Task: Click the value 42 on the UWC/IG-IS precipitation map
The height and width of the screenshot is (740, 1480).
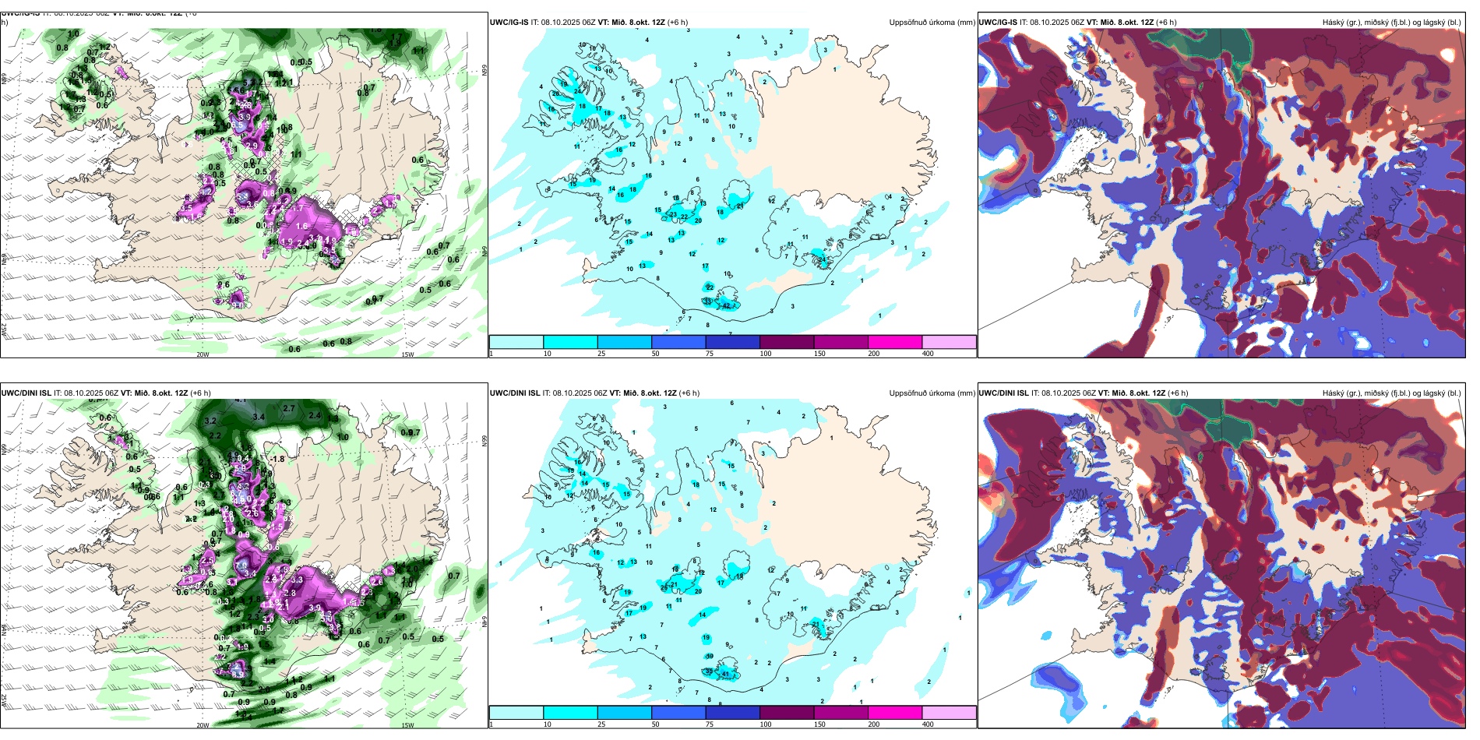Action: pos(726,305)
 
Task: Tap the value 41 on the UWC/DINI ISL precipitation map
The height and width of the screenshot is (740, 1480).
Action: pos(725,674)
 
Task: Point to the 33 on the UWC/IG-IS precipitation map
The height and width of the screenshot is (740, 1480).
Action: pos(707,301)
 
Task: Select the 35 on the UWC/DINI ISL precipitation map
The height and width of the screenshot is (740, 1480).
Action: pos(708,671)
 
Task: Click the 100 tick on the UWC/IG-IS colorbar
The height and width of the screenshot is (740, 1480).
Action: pos(766,354)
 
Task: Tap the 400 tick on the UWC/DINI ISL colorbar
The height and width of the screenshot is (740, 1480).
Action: pos(928,724)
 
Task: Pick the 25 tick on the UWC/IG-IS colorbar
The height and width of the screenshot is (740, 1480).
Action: pos(601,354)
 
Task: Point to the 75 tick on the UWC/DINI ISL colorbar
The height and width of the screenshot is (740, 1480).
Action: pos(710,724)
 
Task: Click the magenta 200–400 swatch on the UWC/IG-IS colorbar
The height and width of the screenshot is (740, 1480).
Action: pos(894,342)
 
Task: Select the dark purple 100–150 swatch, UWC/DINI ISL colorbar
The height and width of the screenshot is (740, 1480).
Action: pos(786,713)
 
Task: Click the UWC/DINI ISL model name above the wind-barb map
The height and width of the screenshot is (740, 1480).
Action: pos(26,393)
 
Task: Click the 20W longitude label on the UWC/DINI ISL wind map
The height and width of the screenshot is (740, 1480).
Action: pos(203,725)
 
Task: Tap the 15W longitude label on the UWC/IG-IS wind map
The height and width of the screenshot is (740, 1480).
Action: pos(407,354)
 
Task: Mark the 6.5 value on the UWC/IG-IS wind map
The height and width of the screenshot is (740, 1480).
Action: pos(238,125)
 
